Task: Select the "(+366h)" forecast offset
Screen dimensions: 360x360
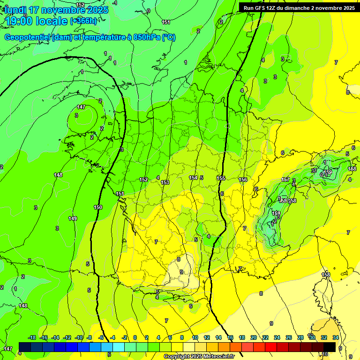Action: click(83, 21)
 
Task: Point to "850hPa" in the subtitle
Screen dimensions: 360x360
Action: click(146, 37)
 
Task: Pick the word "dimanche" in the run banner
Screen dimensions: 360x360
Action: click(306, 8)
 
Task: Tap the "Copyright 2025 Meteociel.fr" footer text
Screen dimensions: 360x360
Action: click(199, 357)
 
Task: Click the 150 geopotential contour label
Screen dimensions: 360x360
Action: click(98, 207)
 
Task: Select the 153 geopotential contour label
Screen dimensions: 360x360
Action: click(165, 182)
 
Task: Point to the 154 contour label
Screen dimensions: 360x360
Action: click(193, 178)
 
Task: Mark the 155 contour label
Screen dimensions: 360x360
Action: click(221, 178)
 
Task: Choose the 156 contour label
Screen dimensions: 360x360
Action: click(243, 180)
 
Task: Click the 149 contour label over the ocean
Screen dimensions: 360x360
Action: click(73, 218)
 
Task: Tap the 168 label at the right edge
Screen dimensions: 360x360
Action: click(352, 169)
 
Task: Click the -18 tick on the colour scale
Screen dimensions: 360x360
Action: click(32, 337)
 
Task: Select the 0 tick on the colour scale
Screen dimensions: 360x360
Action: click(135, 337)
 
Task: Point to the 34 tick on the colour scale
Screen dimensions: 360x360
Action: click(336, 337)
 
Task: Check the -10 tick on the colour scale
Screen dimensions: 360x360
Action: click(79, 337)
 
